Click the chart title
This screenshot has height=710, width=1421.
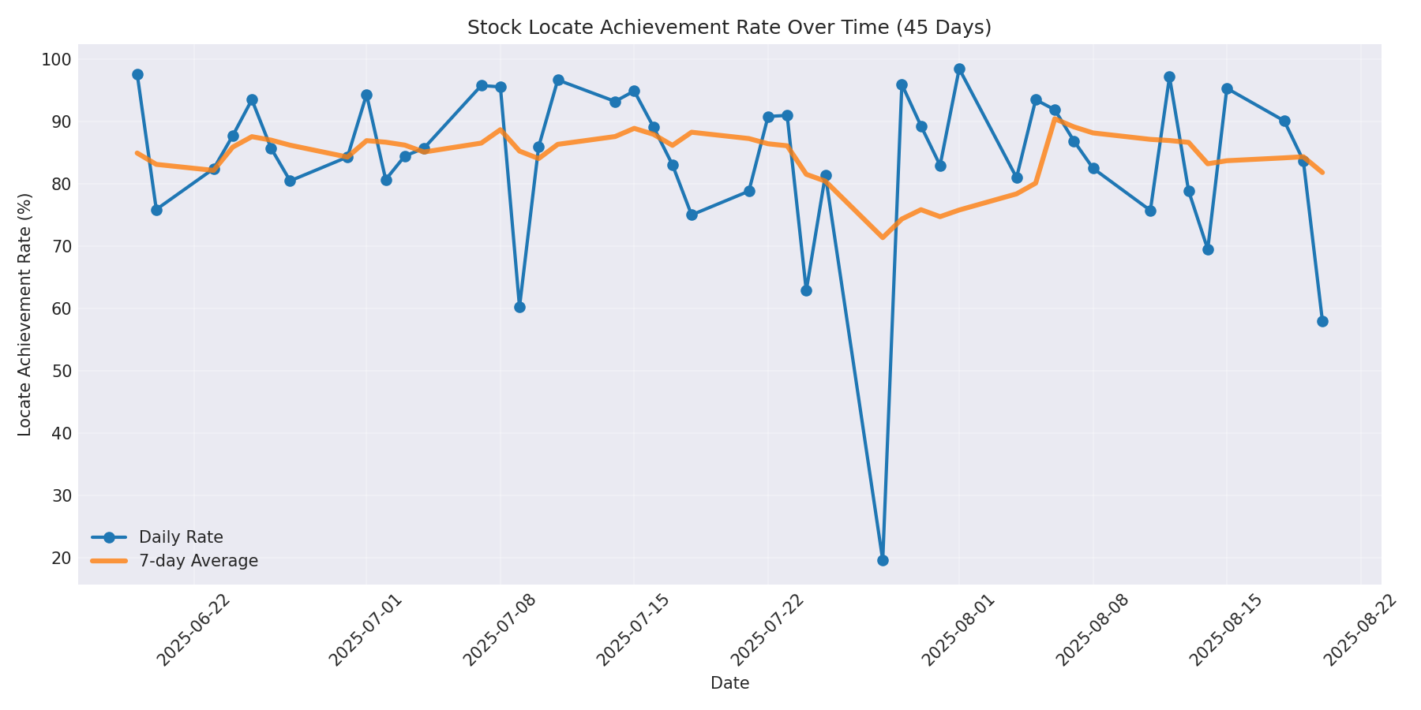pos(729,28)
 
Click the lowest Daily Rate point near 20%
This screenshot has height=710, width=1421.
pos(883,560)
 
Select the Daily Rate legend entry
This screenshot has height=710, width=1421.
pos(181,537)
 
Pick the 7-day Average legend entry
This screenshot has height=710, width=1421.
pos(198,561)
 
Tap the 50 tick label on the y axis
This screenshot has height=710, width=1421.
pos(61,371)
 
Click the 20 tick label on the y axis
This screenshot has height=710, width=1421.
pos(61,558)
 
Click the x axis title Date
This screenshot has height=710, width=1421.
pos(729,683)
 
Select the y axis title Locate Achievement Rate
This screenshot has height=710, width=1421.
pos(25,314)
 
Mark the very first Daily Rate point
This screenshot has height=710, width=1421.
pos(137,74)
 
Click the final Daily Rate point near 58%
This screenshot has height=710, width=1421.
pos(1322,321)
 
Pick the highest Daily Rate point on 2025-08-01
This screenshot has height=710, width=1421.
pos(959,69)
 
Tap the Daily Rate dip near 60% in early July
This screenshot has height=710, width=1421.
pos(519,307)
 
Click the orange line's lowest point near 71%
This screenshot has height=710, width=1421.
pos(883,237)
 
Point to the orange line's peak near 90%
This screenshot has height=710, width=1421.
pos(1055,118)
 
